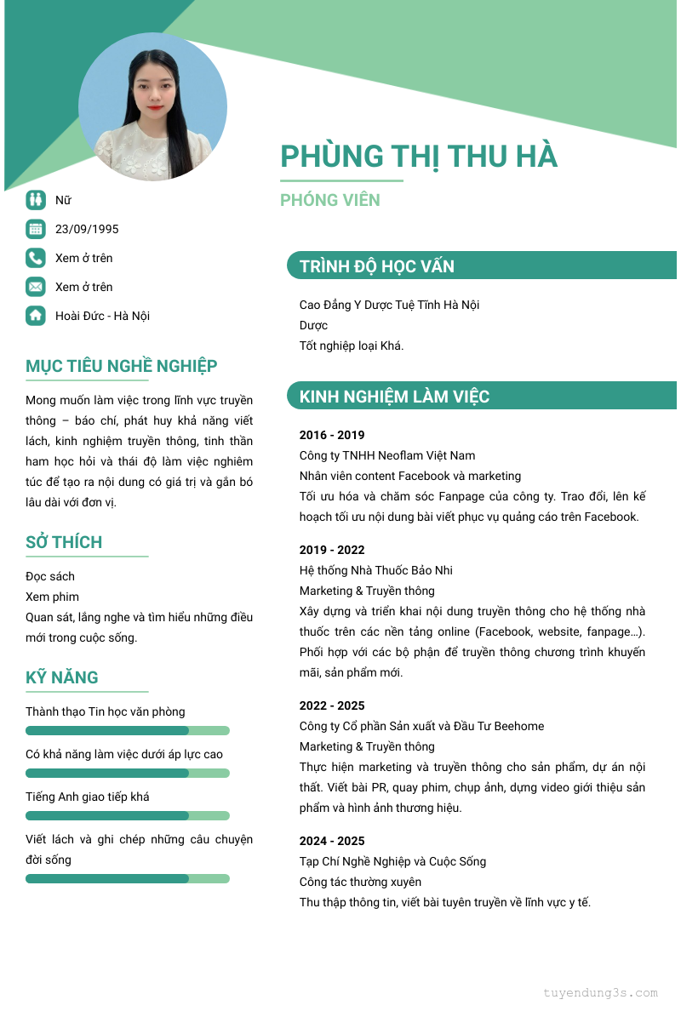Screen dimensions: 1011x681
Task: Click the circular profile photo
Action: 152,106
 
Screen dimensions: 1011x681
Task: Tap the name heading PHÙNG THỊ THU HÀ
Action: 419,157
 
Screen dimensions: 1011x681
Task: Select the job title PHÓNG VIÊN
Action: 330,200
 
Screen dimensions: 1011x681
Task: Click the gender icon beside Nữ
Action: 35,200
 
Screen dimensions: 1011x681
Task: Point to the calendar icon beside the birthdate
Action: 35,229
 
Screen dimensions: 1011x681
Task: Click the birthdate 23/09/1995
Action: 87,229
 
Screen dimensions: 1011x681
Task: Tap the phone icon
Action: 35,258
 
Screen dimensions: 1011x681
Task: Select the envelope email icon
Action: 35,287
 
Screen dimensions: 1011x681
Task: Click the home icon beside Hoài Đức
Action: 35,316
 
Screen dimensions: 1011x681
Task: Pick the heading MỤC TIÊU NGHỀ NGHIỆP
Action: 122,366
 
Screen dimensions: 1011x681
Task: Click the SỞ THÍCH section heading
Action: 64,542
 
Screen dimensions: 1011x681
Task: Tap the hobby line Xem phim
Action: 52,597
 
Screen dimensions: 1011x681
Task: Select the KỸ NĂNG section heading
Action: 62,677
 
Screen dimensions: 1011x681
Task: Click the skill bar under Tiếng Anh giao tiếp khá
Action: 128,815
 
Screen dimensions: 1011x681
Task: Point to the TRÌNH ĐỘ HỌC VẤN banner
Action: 481,266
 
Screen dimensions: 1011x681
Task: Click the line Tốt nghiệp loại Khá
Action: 352,346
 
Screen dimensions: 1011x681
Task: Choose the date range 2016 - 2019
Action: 332,435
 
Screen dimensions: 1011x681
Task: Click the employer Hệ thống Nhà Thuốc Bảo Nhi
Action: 376,570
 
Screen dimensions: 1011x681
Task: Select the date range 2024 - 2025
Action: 332,841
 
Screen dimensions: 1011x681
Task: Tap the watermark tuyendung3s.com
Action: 601,992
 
